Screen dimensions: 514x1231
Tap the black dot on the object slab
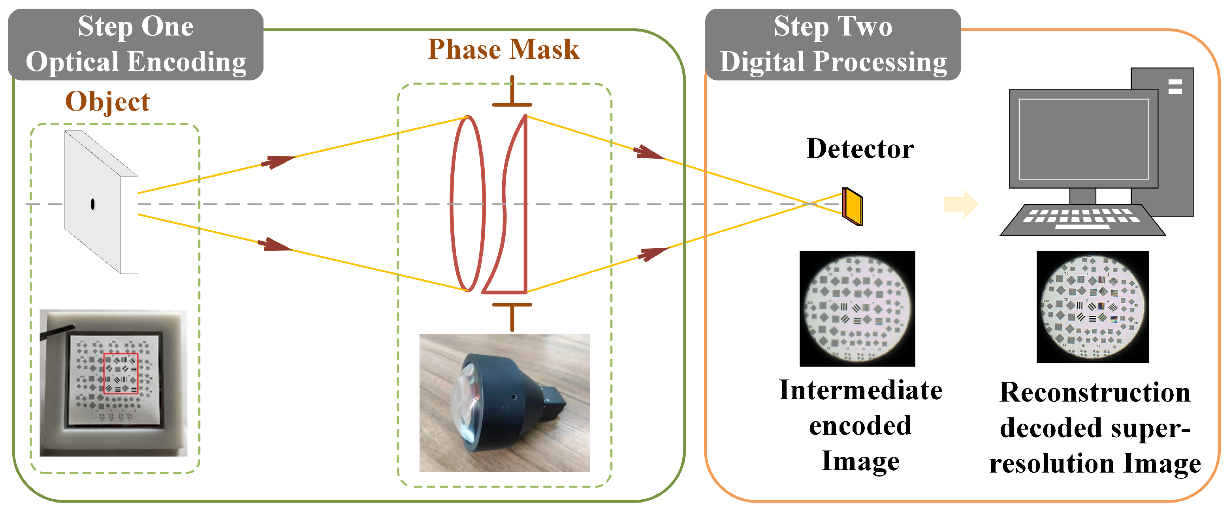[x=93, y=204]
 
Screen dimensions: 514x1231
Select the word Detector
[x=860, y=148]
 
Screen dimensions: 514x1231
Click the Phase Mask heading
[x=503, y=49]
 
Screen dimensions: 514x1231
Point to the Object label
[x=107, y=102]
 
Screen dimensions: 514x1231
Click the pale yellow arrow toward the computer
[x=960, y=204]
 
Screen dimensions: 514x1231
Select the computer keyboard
[x=1082, y=220]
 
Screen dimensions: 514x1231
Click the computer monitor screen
[x=1083, y=139]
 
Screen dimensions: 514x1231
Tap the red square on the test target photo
[x=120, y=373]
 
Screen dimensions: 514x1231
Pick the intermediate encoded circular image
[x=857, y=309]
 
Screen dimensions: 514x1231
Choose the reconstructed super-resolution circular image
[x=1092, y=307]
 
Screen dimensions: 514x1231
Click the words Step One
[x=136, y=26]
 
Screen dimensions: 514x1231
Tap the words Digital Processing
[x=833, y=62]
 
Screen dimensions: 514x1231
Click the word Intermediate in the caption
[x=860, y=391]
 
